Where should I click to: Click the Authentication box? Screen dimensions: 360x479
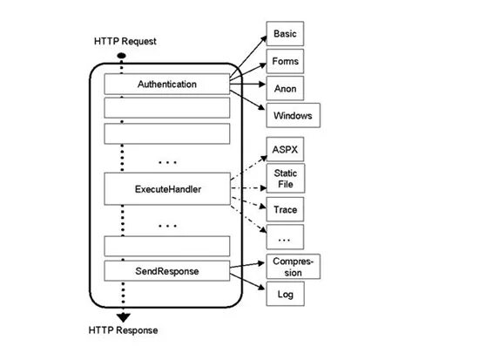pos(167,85)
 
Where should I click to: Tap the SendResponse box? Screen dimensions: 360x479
pos(167,271)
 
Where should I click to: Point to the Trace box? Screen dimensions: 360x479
pos(285,210)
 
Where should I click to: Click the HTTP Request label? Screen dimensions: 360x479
pos(125,42)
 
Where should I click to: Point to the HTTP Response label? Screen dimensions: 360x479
pos(124,331)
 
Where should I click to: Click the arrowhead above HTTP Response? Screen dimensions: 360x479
pos(124,316)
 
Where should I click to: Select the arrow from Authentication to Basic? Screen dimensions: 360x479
pos(246,60)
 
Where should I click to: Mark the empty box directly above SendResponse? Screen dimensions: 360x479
pos(167,245)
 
